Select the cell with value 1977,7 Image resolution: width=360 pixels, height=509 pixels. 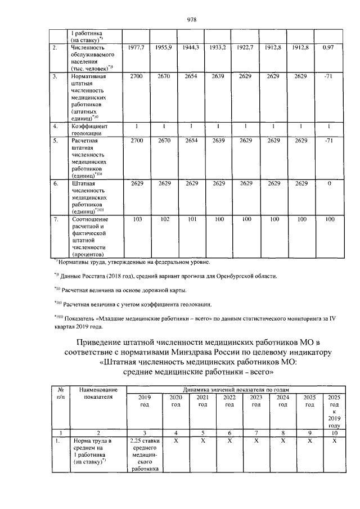click(x=137, y=48)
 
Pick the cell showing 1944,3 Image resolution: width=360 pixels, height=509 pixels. click(x=191, y=48)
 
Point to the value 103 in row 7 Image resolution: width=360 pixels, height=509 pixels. click(x=137, y=219)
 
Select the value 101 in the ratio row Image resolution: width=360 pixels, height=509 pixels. click(x=191, y=219)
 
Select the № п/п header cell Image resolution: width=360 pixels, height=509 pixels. click(x=60, y=393)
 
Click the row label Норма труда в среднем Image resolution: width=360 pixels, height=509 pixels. click(x=90, y=452)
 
